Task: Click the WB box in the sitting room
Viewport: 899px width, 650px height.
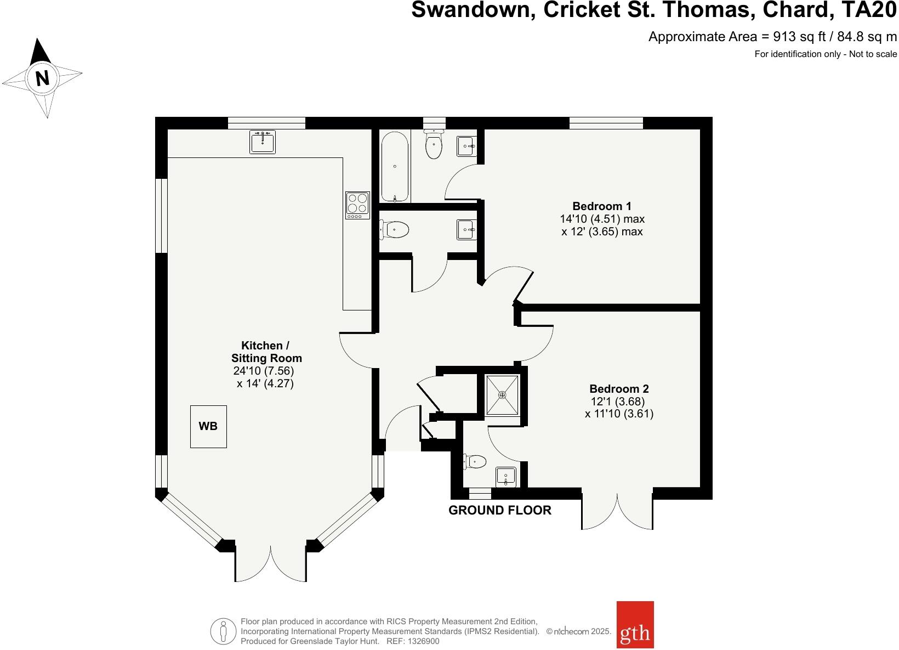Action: coord(208,426)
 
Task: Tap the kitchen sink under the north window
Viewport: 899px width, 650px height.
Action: coord(263,142)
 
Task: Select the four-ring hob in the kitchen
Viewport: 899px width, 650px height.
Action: coord(357,205)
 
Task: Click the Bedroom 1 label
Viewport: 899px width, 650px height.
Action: coord(601,206)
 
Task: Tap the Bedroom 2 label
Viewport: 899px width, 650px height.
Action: coord(619,389)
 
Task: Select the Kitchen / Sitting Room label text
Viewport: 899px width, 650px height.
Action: coord(266,352)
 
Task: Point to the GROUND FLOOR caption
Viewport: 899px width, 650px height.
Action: coord(499,510)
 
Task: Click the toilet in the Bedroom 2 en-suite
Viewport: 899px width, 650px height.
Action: coord(475,462)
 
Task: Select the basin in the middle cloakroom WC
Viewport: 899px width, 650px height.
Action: coord(466,229)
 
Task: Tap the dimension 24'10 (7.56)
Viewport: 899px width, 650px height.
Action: coord(264,371)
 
